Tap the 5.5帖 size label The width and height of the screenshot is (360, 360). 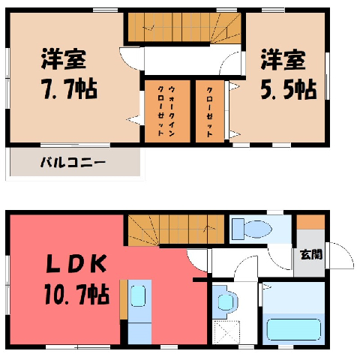[289, 89]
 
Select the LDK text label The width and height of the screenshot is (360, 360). [76, 264]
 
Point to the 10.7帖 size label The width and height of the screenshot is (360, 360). [77, 294]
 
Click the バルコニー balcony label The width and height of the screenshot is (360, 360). [73, 163]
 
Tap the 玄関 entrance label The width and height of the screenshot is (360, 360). [311, 254]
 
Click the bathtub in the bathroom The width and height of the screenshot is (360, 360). [294, 329]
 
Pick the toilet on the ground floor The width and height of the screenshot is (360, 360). [252, 229]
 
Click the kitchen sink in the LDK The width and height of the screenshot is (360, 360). [138, 296]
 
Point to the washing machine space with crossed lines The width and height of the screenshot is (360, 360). [226, 332]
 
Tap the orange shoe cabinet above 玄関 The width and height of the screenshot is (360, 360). [310, 221]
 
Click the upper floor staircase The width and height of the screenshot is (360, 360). [184, 27]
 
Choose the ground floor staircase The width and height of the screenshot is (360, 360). [176, 229]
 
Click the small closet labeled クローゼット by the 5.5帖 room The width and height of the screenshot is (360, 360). [209, 111]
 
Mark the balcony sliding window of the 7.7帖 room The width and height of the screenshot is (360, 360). [75, 145]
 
